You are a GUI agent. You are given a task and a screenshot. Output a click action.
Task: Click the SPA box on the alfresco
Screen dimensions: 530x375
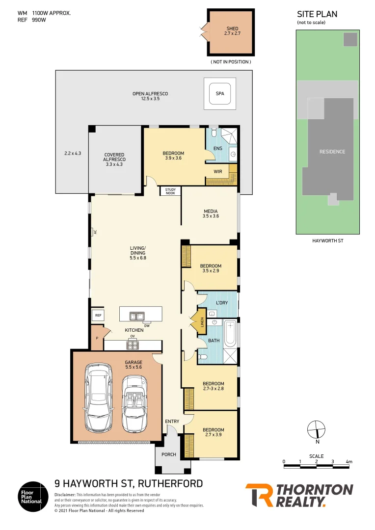coord(219,94)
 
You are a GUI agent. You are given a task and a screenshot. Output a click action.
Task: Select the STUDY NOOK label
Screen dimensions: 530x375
coord(170,191)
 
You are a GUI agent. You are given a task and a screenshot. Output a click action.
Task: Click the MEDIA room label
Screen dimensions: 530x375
coord(211,213)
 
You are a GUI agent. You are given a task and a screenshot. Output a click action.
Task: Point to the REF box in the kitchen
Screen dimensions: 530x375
coord(98,316)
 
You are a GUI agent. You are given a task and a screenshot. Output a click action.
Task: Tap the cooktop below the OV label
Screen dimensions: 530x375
coord(133,345)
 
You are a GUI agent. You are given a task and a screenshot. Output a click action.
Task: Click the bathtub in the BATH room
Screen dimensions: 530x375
coord(230,333)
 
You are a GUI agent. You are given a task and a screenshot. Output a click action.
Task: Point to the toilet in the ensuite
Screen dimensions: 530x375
coord(213,133)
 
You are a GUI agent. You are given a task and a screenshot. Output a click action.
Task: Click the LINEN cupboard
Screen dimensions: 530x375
coord(201,322)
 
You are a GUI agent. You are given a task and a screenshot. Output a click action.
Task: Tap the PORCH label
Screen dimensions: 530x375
coord(169,454)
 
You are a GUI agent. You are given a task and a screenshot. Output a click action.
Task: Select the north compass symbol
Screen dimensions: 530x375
coord(316,430)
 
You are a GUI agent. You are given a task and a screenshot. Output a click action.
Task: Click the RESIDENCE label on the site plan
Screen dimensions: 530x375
coord(332,152)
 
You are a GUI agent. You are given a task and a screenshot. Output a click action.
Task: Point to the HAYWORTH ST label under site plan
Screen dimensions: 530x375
coord(327,240)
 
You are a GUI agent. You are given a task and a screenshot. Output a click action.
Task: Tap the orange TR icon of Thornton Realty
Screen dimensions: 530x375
coord(258,495)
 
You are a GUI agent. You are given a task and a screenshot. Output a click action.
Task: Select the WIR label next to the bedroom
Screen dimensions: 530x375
coord(218,171)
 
